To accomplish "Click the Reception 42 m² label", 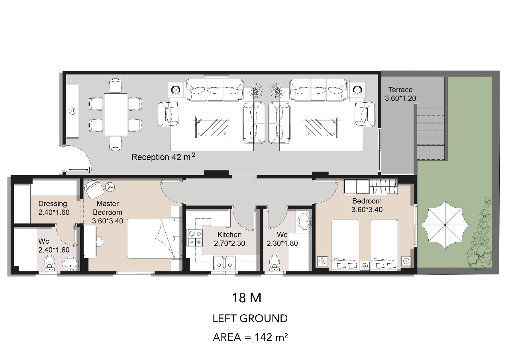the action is click(x=163, y=157).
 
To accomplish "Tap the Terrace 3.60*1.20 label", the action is click(x=400, y=94).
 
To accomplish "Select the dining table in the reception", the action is click(x=116, y=114).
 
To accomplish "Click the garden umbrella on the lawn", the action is click(x=445, y=225).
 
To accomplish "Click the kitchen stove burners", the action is click(x=195, y=238).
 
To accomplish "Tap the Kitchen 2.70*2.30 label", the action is click(x=229, y=239).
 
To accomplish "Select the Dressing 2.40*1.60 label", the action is click(x=54, y=208).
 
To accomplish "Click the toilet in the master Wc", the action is click(x=49, y=263).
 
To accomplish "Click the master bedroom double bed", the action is click(x=151, y=239).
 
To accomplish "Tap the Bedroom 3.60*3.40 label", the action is click(x=367, y=205).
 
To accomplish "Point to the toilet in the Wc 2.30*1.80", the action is click(x=275, y=263).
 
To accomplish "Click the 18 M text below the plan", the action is click(x=247, y=298).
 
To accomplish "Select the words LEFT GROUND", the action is click(x=250, y=319).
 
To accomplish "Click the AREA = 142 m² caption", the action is click(x=250, y=337).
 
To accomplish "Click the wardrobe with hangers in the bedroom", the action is click(x=383, y=187).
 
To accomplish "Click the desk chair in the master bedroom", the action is click(x=100, y=241).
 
